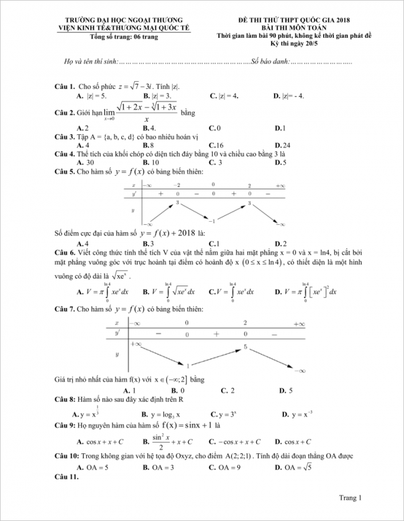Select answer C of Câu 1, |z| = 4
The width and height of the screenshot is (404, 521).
tap(224, 96)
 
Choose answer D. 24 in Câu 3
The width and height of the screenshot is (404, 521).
tap(283, 145)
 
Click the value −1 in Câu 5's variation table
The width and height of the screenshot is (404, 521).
tap(211, 222)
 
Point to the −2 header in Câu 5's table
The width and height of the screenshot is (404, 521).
tap(177, 186)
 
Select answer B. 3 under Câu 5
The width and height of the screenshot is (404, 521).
tap(149, 243)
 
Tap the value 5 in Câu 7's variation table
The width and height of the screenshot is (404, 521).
tap(246, 347)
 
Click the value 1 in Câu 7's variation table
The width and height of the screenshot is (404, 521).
tap(188, 366)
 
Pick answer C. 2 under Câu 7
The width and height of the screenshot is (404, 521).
tap(228, 390)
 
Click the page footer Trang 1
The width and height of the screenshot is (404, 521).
tap(350, 497)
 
